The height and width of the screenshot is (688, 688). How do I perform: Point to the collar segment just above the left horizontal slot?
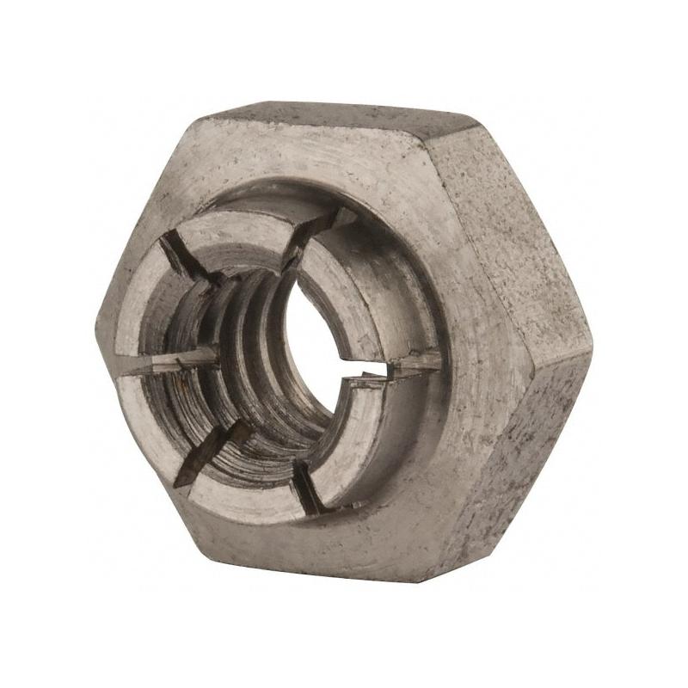(142, 310)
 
